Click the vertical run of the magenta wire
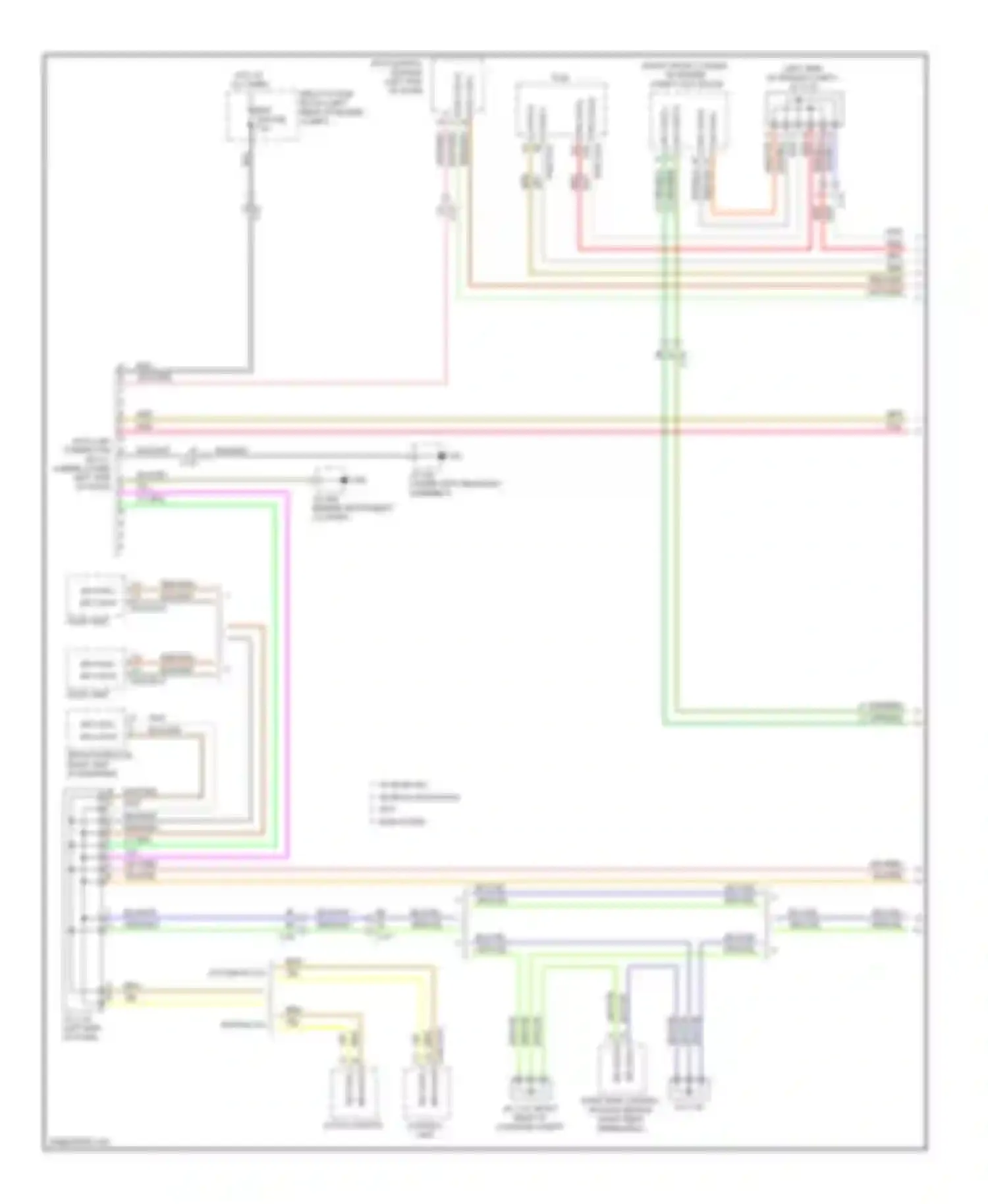(288, 659)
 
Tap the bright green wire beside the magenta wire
(273, 659)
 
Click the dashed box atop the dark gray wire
(261, 116)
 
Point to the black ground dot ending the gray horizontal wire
(442, 456)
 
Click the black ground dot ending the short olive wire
(343, 480)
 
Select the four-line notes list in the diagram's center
(415, 804)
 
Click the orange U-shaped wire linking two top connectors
(741, 212)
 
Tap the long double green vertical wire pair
(667, 527)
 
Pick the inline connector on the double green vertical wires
(671, 356)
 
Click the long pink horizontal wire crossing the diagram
(501, 431)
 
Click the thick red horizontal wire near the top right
(692, 250)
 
